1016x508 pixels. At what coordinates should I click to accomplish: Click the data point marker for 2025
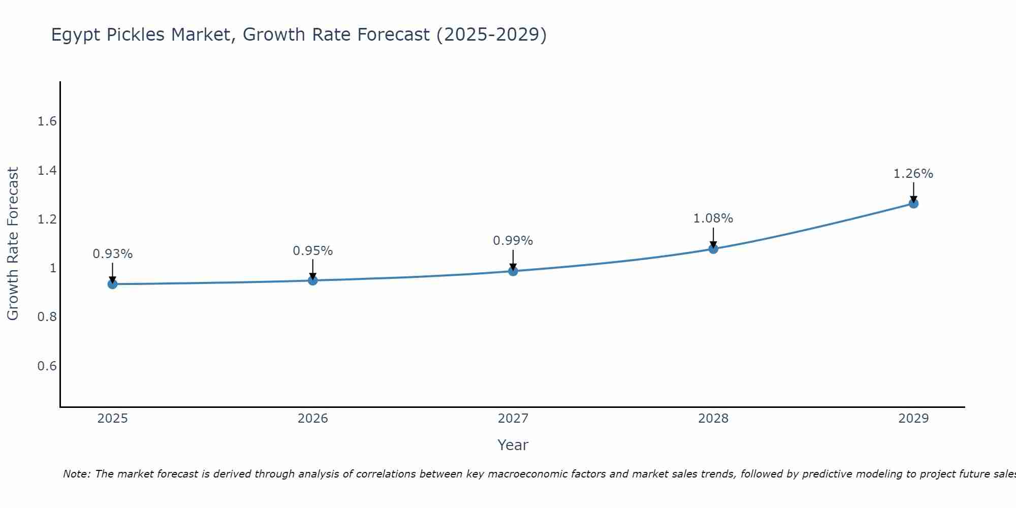(112, 284)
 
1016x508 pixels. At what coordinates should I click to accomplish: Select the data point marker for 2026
(313, 280)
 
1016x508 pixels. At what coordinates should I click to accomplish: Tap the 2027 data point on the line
(513, 271)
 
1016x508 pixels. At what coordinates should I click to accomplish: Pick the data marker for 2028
(713, 249)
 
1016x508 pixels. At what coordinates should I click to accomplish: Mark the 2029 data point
(913, 204)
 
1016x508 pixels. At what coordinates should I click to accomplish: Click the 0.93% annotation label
(112, 254)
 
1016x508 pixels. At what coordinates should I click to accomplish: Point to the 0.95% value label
(313, 251)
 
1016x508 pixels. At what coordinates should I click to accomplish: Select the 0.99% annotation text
(513, 241)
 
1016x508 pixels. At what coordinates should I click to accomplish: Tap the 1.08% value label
(713, 218)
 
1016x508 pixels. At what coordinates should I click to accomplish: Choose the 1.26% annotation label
(913, 174)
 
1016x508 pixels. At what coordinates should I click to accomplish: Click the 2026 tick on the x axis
(313, 419)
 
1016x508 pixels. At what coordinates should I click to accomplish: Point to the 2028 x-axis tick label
(713, 419)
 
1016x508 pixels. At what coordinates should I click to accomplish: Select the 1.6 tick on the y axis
(47, 121)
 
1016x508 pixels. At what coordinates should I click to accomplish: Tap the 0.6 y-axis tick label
(47, 366)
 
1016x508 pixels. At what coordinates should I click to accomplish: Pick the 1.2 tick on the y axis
(47, 219)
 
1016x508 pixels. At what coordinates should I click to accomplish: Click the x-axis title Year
(513, 445)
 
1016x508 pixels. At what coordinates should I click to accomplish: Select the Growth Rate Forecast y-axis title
(13, 244)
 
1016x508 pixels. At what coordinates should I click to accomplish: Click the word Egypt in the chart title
(75, 35)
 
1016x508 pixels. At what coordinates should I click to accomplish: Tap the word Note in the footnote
(76, 474)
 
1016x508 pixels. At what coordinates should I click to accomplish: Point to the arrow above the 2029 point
(913, 192)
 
